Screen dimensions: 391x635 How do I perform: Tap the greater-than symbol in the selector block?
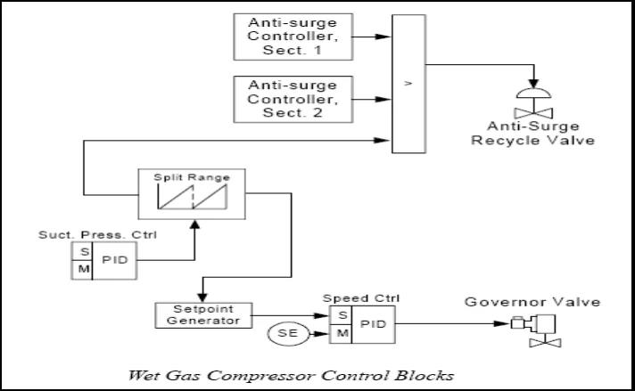(409, 82)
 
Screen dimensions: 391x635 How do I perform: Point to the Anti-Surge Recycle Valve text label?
(536, 133)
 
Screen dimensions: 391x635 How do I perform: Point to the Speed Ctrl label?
(348, 299)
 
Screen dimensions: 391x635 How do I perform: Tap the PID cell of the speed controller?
(374, 324)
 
